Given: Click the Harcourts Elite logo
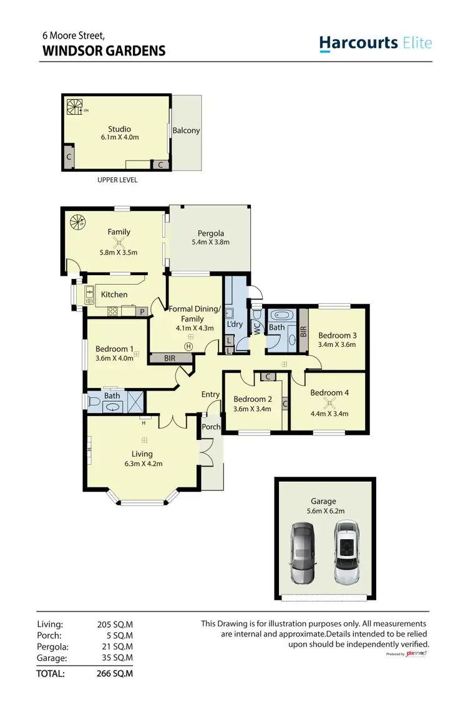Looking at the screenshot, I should pos(375,43).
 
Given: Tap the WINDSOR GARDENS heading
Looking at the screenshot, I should pos(104,51).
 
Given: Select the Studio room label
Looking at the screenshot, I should pos(119,129).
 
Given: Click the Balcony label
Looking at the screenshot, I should pos(186,130).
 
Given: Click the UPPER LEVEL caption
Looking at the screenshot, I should pos(117,180).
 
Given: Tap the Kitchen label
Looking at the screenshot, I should pos(114,295).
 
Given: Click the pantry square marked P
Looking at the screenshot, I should pos(142,311).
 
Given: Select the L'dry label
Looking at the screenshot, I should pos(235,324).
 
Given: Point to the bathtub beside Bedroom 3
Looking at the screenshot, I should pos(276,316).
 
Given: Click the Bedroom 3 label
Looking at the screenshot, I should pos(337,336).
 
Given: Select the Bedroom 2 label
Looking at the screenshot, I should pos(252,399).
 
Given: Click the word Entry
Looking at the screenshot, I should pos(210,394).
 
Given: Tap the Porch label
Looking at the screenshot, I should pos(211,427).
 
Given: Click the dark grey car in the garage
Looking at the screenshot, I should pos(303,553).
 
